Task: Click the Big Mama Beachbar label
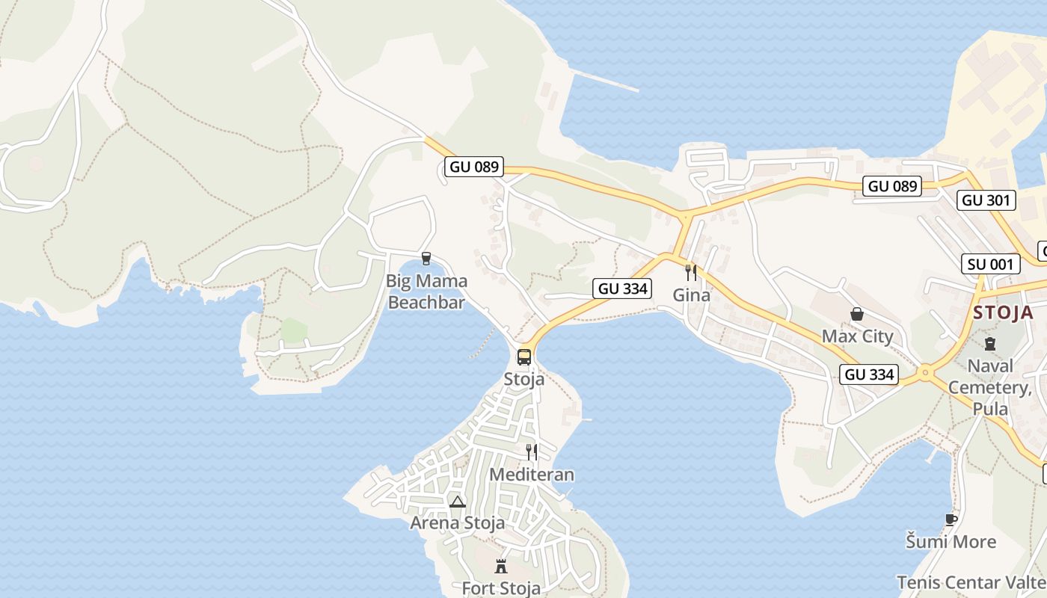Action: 426,292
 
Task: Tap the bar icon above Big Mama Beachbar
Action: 426,259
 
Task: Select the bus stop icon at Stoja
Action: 524,357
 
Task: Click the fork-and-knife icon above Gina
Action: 691,272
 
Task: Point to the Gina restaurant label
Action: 691,295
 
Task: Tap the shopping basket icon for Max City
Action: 857,315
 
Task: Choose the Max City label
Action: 857,336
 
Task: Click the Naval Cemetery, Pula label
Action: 990,387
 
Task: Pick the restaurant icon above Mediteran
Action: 531,451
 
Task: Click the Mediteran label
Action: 532,475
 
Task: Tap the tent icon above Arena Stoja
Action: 458,501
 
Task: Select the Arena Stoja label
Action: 457,523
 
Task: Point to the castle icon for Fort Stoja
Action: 501,566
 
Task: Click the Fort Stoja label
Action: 501,588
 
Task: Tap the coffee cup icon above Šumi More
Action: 951,520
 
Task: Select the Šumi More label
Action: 951,541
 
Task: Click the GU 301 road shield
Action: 986,200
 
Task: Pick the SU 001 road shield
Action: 991,264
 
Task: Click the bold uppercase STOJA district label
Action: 1003,312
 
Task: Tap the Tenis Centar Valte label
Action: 971,582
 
